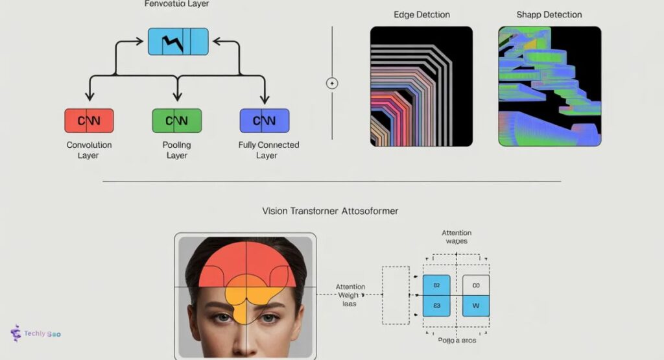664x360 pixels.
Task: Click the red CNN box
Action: pos(89,121)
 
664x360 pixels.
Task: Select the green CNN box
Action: pos(176,121)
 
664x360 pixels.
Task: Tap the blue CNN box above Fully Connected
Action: pos(264,121)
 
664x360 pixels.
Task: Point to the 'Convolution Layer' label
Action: pos(89,150)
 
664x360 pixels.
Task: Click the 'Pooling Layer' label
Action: pos(176,150)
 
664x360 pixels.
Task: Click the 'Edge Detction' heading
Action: pos(421,14)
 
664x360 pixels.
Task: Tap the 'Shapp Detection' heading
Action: pos(549,14)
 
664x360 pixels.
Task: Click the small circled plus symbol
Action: pos(332,83)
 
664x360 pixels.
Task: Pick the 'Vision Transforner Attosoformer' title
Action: pos(330,211)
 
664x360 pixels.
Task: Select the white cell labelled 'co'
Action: pos(476,285)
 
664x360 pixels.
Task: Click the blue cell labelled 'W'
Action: pos(476,306)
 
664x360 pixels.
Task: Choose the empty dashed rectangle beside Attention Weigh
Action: pos(396,295)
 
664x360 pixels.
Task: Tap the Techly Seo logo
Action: pos(36,333)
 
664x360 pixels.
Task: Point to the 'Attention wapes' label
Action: pos(456,237)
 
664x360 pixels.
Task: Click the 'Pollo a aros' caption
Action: pos(456,339)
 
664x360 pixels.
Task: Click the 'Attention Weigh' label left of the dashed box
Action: pos(350,295)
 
